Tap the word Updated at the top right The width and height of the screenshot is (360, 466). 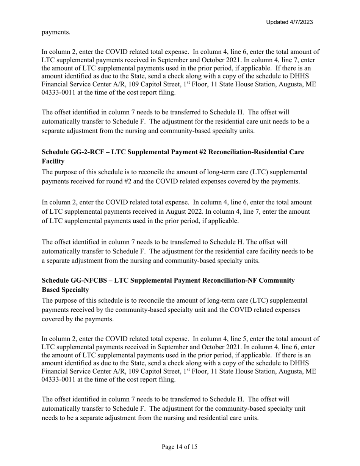[277, 22]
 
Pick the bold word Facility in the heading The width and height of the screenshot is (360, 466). [53, 161]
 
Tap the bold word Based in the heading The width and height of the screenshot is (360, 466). [52, 290]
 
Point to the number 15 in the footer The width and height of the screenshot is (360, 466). [194, 447]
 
